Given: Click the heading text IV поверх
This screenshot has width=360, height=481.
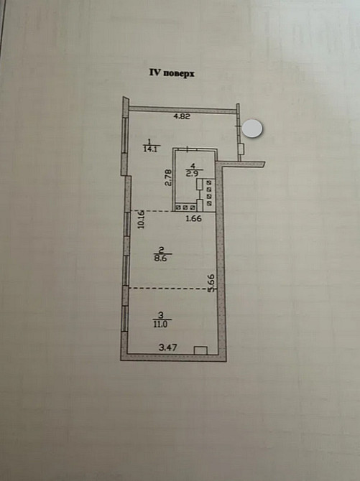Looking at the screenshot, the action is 172,74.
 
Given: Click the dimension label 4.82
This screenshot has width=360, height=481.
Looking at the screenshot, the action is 182,116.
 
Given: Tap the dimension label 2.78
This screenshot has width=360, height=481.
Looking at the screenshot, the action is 167,179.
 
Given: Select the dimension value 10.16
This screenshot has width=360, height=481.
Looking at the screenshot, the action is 141,219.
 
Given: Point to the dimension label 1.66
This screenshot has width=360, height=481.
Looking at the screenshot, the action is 194,219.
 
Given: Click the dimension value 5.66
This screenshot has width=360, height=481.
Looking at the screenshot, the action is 211,283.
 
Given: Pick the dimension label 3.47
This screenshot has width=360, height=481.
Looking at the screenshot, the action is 167,347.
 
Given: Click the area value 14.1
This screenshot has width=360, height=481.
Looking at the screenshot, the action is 150,149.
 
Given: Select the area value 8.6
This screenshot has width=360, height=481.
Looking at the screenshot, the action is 160,258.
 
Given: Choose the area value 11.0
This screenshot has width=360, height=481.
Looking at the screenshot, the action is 160,324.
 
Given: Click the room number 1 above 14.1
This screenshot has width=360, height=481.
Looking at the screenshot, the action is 149,141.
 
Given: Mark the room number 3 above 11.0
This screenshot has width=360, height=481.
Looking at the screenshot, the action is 160,315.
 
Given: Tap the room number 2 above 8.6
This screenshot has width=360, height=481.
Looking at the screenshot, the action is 161,249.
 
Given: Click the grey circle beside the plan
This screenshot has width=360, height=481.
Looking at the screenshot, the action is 252,128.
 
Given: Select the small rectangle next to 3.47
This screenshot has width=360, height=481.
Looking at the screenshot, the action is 201,350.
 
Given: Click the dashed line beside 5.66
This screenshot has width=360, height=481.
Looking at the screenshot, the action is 172,288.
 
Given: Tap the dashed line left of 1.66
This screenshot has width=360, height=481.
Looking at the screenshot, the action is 151,211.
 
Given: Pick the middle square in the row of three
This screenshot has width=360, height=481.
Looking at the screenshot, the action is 185,207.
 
